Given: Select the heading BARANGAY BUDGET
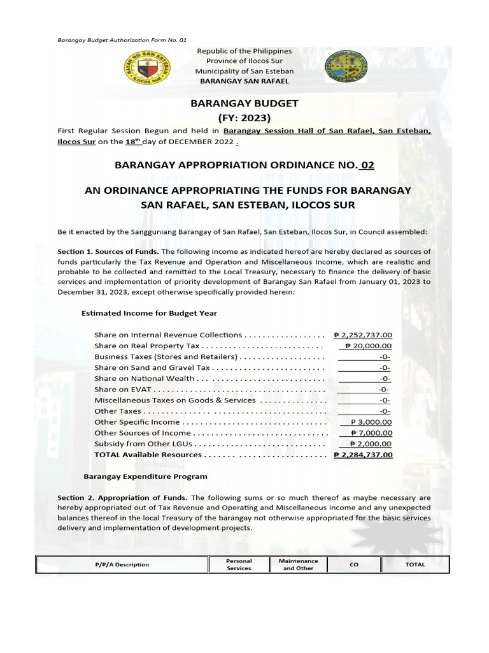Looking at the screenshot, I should point(241,103).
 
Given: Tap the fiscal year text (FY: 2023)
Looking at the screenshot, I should point(244,117).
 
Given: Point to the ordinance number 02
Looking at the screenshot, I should point(367,165).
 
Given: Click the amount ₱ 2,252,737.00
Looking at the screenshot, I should point(363,335).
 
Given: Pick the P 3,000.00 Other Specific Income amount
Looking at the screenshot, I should point(371,422).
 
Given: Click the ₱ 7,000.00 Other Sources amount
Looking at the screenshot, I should point(371,433).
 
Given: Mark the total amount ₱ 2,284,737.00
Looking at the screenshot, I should point(363,455).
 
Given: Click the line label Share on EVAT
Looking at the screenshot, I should point(124,389).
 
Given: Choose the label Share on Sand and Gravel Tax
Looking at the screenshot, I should point(152,367).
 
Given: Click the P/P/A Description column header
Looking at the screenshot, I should point(123,564).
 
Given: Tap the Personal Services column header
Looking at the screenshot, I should point(239,564).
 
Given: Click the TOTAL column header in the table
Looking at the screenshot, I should point(415,564).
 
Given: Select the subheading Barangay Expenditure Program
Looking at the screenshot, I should point(146,476).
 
